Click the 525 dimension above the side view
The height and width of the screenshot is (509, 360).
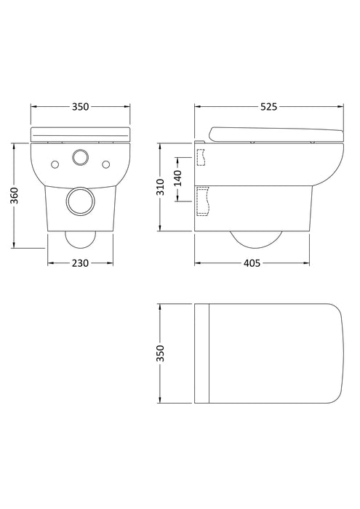(268, 107)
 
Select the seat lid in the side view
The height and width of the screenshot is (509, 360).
(275, 133)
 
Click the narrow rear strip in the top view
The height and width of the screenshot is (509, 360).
(202, 353)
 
